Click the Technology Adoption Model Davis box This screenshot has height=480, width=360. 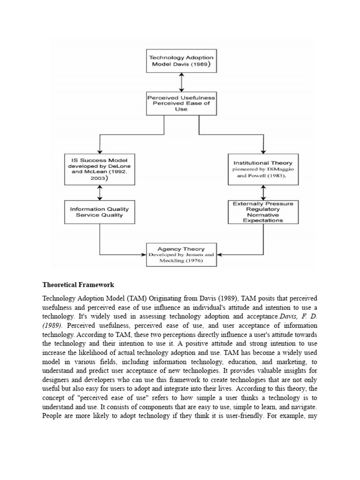coord(181,61)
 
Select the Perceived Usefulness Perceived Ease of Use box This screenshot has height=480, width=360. coord(181,103)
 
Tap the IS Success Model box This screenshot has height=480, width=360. coord(99,169)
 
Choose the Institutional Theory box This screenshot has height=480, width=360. coord(263,169)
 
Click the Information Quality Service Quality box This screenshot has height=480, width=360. coord(99,212)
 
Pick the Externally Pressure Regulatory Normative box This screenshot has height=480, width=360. coord(263,212)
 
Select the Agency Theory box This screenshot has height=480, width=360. coord(181,255)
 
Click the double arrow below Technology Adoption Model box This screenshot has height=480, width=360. coord(181,82)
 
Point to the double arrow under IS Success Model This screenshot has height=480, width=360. coord(99,192)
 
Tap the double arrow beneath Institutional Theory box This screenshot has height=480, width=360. coord(263,192)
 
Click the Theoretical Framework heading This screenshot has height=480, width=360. coord(78,285)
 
